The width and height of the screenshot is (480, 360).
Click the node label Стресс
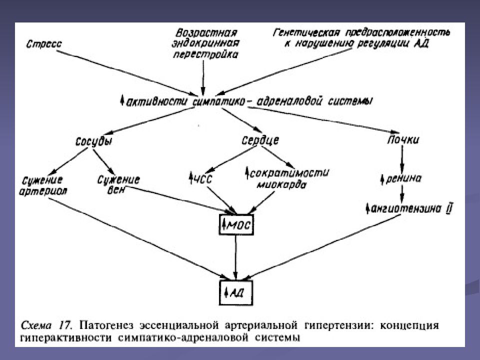point(44,44)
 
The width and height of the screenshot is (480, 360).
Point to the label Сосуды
point(93,141)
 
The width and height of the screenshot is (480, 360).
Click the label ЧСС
point(200,177)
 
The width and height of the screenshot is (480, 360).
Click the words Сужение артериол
point(45,185)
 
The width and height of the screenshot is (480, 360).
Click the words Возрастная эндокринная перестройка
point(204,43)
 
